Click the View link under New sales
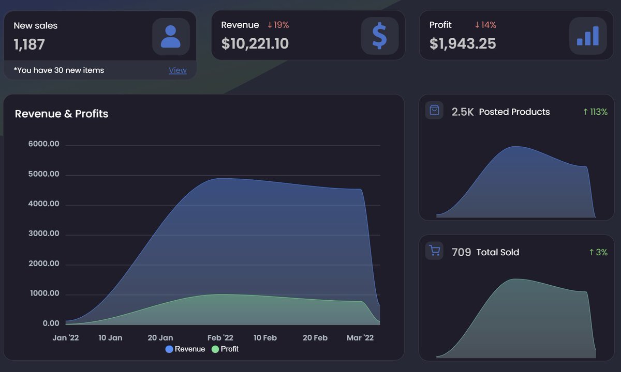178,70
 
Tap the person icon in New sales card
171,37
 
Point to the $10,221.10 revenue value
255,44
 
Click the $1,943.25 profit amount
463,44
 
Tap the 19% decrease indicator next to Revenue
278,25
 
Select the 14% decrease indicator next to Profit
485,25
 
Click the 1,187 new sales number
29,44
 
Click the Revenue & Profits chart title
62,114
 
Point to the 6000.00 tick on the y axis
44,144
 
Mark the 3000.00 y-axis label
44,234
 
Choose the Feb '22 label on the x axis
220,338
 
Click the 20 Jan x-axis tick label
160,338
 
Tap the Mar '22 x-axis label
360,338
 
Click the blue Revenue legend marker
169,349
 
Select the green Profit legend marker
215,349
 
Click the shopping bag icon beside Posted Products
434,111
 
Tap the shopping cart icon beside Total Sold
434,251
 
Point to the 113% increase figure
595,112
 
